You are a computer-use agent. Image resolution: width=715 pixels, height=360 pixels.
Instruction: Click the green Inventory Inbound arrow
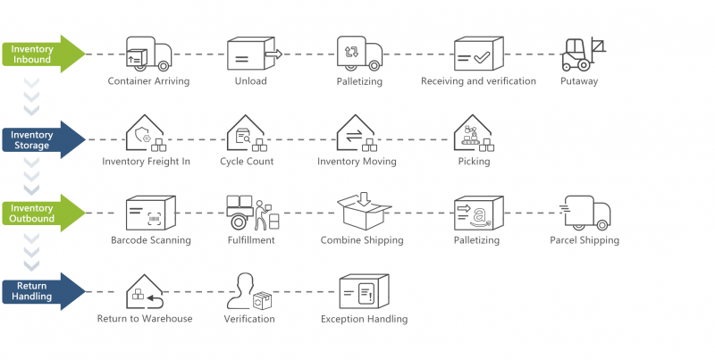(40, 54)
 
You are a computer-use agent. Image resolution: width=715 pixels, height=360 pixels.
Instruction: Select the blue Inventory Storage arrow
(40, 140)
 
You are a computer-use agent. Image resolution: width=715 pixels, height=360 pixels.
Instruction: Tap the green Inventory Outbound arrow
(40, 213)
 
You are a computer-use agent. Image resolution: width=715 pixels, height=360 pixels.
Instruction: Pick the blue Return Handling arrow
(40, 290)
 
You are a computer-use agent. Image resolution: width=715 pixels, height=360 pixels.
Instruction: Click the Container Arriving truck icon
(148, 54)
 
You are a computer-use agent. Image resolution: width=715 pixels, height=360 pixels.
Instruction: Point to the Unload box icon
(251, 54)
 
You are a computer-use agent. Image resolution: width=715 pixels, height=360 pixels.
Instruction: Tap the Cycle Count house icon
(245, 134)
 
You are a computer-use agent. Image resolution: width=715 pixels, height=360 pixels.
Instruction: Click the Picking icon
(474, 134)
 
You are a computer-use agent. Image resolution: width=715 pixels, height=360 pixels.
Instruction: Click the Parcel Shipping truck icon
(585, 213)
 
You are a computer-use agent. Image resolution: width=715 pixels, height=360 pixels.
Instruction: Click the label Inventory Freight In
(147, 162)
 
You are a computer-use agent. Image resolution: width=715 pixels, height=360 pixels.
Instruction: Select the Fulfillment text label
(251, 240)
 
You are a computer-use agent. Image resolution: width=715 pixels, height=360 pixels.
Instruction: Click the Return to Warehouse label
(145, 319)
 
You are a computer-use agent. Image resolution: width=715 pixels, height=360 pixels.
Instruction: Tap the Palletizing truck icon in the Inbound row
(359, 54)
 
